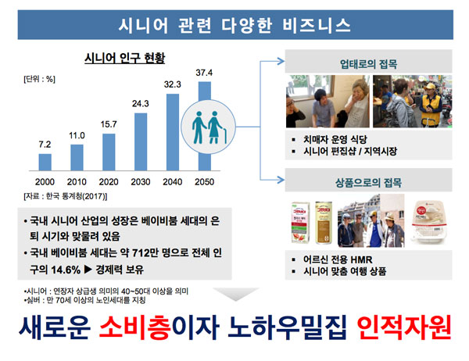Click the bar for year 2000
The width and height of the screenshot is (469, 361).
tap(45, 163)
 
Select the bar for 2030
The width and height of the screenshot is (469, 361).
tap(141, 141)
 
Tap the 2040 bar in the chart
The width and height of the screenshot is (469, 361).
tap(173, 132)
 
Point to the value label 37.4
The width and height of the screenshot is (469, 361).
tap(204, 73)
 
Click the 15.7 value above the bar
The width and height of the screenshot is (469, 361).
tap(109, 124)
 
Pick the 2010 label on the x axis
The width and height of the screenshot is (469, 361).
tap(77, 182)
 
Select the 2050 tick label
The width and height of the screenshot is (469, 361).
tap(205, 182)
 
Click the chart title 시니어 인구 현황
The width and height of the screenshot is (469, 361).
tap(125, 58)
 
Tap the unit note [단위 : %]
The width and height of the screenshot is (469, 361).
tap(40, 79)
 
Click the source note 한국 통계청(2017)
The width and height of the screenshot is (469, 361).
tap(75, 196)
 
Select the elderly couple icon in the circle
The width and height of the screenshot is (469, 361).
tap(209, 127)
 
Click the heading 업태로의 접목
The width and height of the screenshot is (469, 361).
tap(368, 64)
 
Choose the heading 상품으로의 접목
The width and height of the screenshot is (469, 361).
tap(368, 182)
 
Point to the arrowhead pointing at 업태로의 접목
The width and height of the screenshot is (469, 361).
tap(281, 61)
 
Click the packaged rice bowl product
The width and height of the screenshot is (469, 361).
tap(429, 221)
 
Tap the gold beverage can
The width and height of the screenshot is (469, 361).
tap(324, 223)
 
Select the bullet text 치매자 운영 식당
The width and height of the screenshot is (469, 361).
tap(335, 139)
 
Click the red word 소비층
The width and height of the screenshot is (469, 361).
tap(135, 327)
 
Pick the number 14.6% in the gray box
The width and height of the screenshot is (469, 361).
tap(66, 270)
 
